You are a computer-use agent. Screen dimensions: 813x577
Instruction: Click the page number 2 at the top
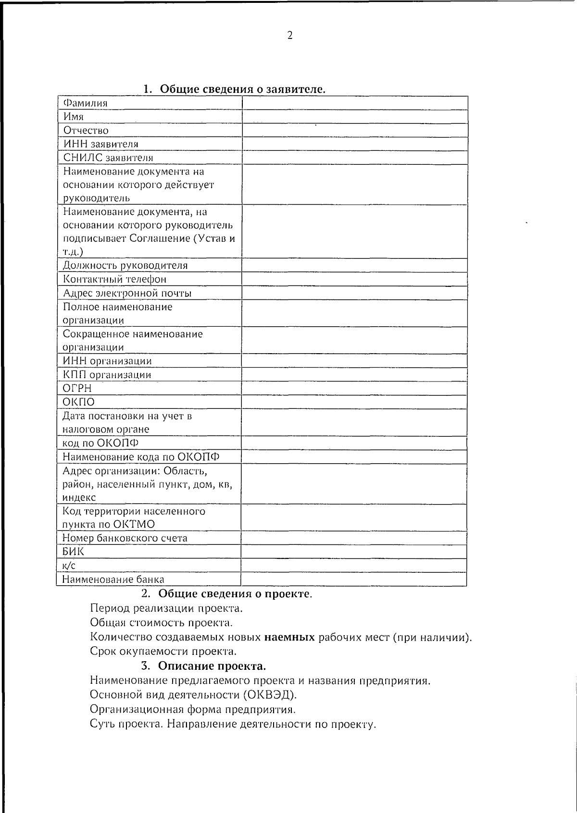point(289,35)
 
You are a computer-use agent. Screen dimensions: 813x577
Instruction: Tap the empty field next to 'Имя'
point(355,117)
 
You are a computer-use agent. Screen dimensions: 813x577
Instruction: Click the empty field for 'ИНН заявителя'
point(355,144)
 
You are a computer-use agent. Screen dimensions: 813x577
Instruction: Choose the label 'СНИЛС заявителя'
point(108,158)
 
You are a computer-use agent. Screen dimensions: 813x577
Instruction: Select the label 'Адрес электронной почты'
point(127,293)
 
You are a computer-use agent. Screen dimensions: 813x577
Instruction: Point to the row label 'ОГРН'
point(77,388)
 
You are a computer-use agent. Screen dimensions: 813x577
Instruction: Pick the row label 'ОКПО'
point(79,402)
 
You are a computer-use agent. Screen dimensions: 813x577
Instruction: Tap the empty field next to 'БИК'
point(354,552)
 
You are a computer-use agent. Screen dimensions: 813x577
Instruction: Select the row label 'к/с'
point(69,566)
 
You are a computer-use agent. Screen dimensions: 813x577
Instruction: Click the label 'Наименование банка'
point(113,579)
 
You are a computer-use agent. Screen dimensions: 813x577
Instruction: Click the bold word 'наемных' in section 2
point(289,638)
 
